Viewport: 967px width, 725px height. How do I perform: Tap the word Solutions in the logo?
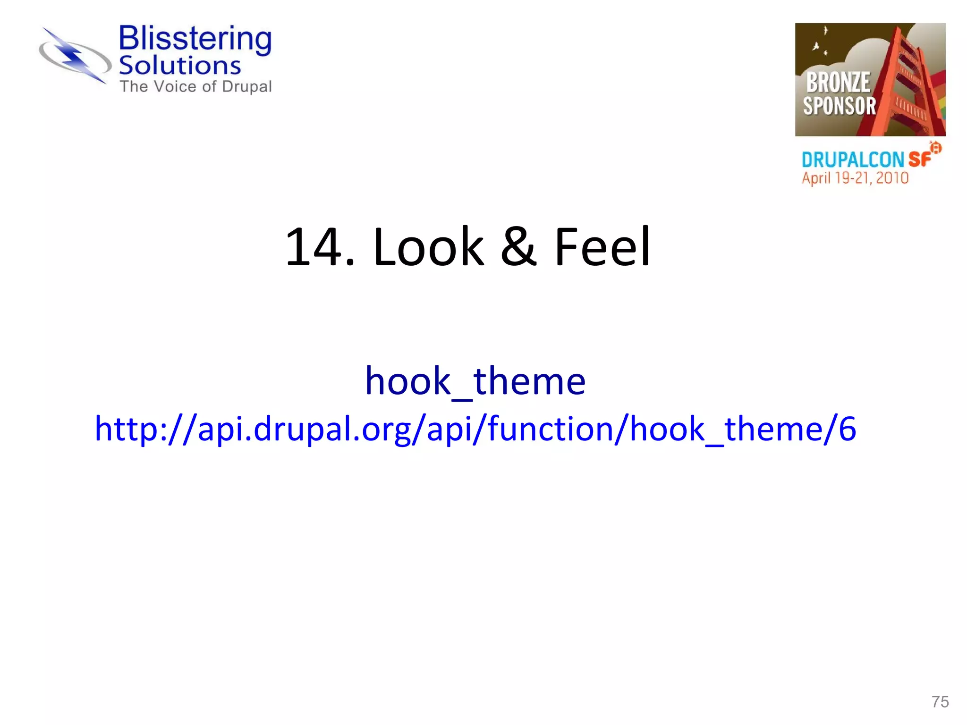[180, 66]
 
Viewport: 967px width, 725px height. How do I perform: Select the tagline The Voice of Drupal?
[195, 87]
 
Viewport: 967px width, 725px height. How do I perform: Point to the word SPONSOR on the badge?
[840, 106]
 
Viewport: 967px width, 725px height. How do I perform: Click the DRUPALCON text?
[853, 160]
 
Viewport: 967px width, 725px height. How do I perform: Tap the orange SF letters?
[919, 159]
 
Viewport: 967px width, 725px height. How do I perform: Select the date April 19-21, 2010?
[855, 178]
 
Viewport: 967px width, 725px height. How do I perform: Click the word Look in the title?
[428, 247]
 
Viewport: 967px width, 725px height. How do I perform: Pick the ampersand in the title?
[518, 247]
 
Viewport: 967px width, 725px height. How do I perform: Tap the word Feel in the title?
[602, 247]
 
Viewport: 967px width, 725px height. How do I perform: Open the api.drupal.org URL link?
[475, 429]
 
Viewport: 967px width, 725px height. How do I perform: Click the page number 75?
[940, 702]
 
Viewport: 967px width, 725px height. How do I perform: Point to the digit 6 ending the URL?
[847, 429]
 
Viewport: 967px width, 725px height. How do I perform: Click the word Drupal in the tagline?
[247, 87]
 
